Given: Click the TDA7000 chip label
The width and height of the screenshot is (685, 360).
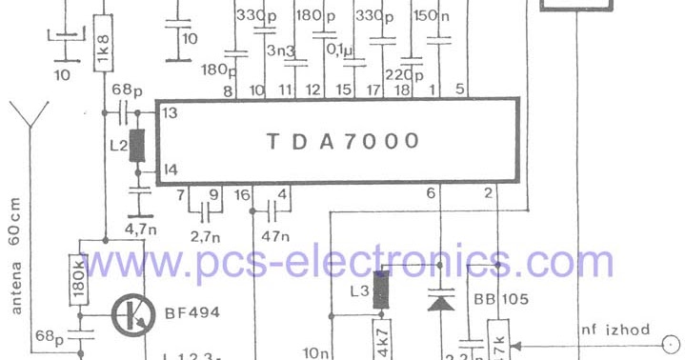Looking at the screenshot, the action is [341, 141].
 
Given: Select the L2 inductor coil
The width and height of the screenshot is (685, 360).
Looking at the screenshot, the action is [137, 147].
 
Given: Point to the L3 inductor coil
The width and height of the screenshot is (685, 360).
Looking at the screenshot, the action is [381, 290].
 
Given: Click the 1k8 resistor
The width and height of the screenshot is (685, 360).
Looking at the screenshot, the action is [104, 46].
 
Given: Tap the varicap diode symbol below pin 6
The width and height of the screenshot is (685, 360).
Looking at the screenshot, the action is [438, 299].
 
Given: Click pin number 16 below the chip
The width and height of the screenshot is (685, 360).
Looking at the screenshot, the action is [242, 194].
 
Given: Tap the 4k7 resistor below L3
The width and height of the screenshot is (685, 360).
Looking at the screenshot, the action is [383, 339].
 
